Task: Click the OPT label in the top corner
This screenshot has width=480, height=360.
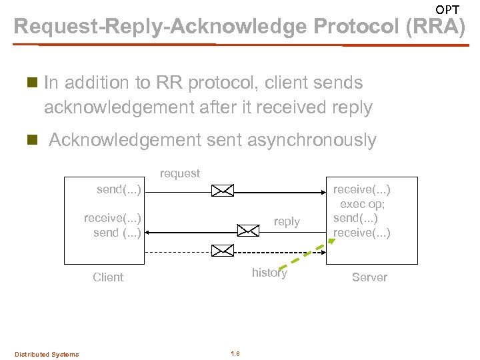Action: click(447, 9)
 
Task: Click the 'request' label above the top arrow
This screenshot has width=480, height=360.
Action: click(179, 173)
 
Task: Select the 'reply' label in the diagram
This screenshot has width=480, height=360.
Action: click(287, 221)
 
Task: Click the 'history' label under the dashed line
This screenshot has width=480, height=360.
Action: click(269, 272)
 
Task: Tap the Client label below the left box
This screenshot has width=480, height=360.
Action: click(108, 277)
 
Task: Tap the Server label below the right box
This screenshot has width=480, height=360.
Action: click(369, 277)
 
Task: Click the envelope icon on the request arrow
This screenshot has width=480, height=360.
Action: click(222, 191)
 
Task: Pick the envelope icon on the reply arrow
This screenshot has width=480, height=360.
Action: click(249, 231)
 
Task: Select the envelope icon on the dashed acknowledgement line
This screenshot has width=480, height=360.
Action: click(222, 251)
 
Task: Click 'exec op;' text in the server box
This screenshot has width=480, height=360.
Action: click(362, 204)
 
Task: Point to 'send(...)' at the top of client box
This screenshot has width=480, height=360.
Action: click(119, 190)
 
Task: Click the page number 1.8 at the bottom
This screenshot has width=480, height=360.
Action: click(235, 353)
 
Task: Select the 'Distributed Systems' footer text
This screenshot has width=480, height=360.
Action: click(47, 354)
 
